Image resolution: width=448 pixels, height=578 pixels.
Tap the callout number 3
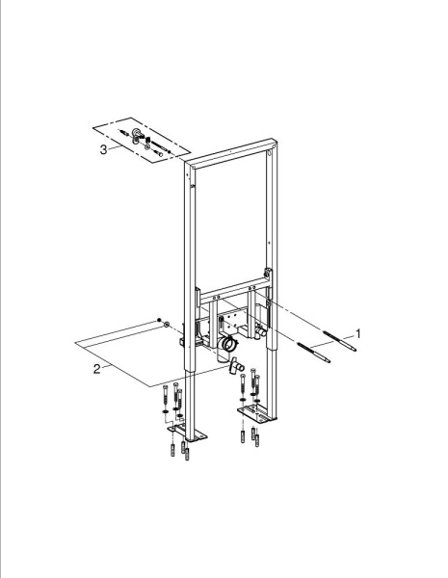(104, 149)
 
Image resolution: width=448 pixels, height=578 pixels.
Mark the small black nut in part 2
(154, 320)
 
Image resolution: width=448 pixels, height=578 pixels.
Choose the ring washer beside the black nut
(167, 324)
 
